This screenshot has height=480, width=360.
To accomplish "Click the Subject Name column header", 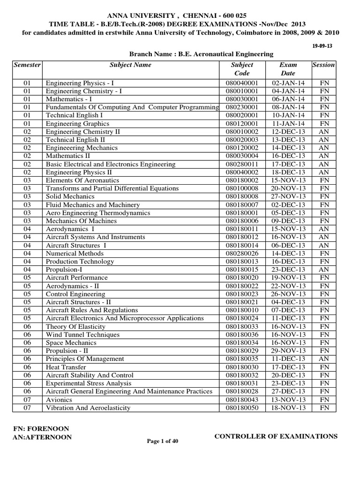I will click(130, 65).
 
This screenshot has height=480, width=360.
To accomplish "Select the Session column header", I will click(323, 65).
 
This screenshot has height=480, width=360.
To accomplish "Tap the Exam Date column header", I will click(288, 69).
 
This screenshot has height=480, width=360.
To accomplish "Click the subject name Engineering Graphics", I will click(77, 123).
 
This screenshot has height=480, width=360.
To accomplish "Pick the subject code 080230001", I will click(242, 107).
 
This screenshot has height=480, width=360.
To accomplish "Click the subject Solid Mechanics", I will click(70, 196).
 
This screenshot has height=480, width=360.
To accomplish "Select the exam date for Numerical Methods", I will click(288, 254).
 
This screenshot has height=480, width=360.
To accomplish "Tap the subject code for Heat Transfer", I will click(242, 367).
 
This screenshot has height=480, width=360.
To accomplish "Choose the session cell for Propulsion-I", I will click(323, 270).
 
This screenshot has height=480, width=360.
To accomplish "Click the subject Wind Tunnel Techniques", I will click(82, 335).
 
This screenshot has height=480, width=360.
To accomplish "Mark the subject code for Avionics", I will click(242, 400).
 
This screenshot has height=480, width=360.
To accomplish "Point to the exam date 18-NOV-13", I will click(288, 408).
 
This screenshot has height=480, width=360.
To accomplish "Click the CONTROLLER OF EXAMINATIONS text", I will click(276, 436).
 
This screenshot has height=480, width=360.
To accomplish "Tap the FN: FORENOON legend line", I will click(42, 428).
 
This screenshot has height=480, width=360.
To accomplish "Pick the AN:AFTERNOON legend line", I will click(44, 437).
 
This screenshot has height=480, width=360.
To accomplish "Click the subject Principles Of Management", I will click(85, 359).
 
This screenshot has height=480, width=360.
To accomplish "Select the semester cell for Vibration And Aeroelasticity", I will click(27, 408).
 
